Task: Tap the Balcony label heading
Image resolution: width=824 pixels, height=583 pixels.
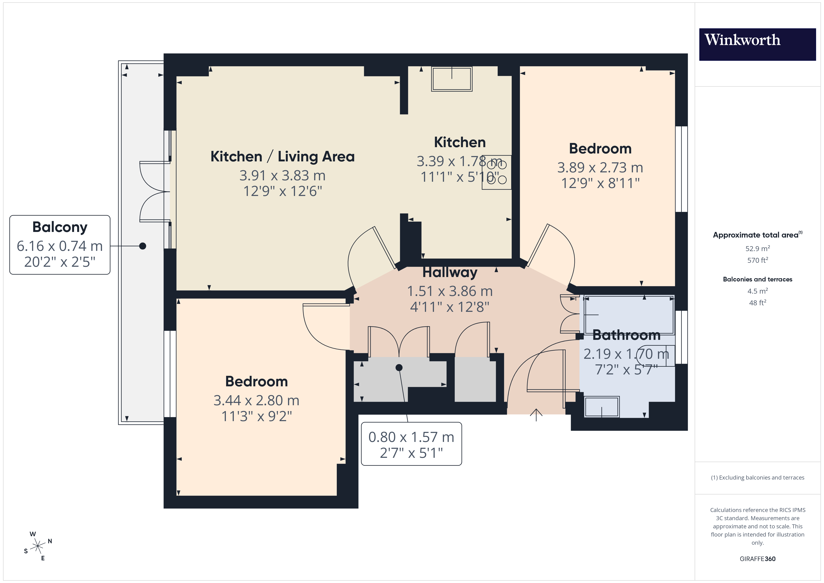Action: coord(60,227)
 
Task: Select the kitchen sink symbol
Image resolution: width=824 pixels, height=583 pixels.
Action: coord(451,79)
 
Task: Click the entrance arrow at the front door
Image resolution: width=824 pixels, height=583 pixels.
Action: coord(536,414)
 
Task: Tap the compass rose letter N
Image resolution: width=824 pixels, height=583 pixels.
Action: coord(50,541)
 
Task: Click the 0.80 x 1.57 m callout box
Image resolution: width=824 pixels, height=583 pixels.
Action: coord(411,444)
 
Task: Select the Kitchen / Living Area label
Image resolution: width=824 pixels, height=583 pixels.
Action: coord(282,156)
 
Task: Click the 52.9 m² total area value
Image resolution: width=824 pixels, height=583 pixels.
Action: coord(757,249)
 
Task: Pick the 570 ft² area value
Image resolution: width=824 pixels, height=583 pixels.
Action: coord(757,260)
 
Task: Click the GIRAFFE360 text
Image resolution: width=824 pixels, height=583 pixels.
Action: coord(757,559)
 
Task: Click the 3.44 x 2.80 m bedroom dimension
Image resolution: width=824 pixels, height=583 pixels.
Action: coord(256,400)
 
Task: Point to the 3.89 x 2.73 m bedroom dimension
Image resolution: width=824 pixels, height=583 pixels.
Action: coord(600,167)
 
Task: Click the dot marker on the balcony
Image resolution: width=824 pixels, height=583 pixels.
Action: coord(142,246)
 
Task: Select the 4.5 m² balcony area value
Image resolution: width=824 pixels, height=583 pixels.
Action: coord(757,291)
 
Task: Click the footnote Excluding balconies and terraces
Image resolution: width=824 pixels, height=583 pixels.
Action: coord(757,477)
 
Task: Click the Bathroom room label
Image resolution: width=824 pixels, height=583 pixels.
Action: coord(626,335)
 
